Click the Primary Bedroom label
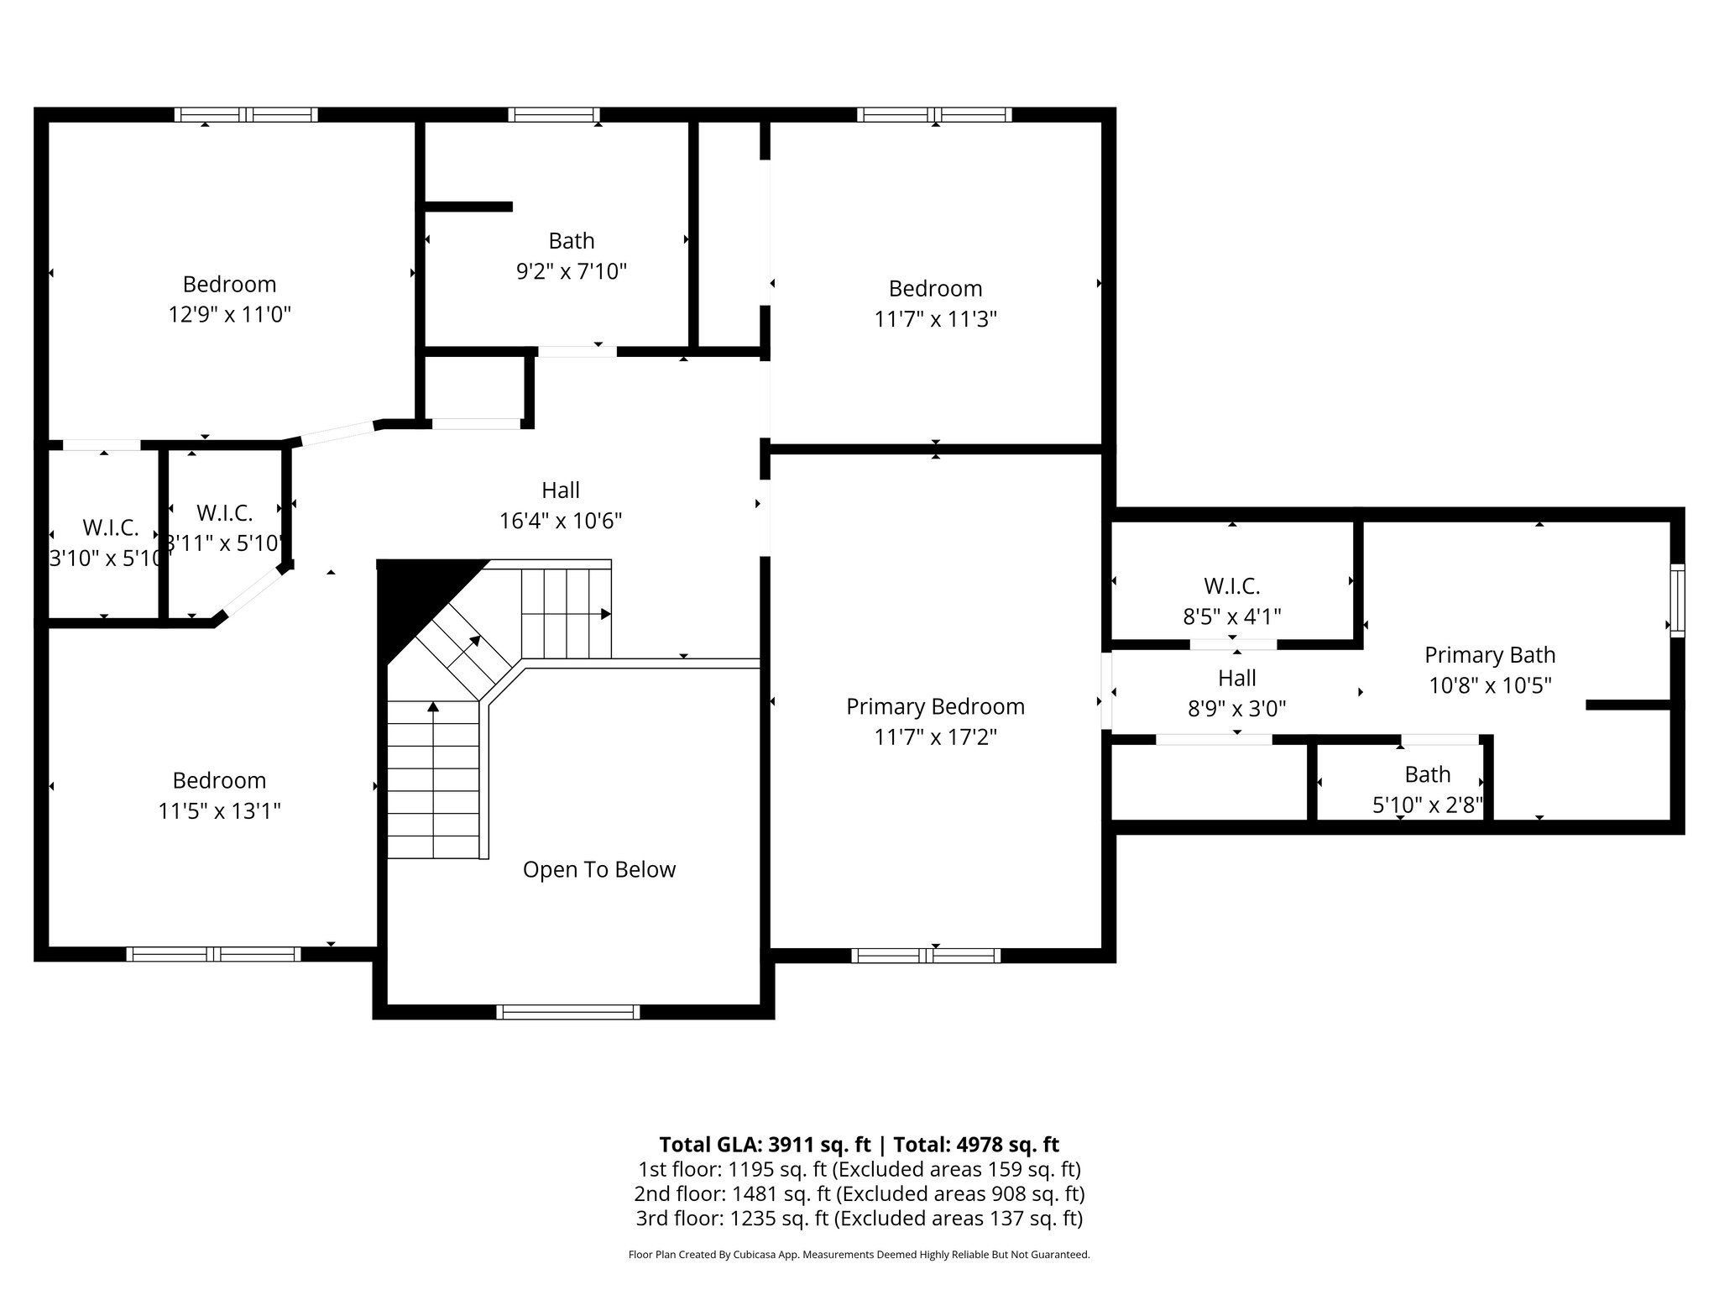[935, 706]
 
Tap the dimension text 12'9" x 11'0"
[229, 315]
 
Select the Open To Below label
[598, 869]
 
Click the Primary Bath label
[1489, 655]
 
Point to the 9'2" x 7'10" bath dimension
[571, 272]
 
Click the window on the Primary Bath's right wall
[1676, 600]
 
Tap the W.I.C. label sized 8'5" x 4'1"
[1231, 586]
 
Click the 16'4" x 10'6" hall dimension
[560, 522]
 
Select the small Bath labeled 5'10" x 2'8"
[1427, 774]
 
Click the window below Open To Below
[568, 1012]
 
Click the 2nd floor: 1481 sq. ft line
[859, 1193]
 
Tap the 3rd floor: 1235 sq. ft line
[859, 1218]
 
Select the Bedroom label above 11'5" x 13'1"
[219, 780]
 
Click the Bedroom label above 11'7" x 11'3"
[935, 289]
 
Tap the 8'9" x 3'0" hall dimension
[1236, 709]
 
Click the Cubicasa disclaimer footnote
[859, 1255]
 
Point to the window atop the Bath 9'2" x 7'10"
[553, 115]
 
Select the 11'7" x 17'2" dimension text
[935, 737]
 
